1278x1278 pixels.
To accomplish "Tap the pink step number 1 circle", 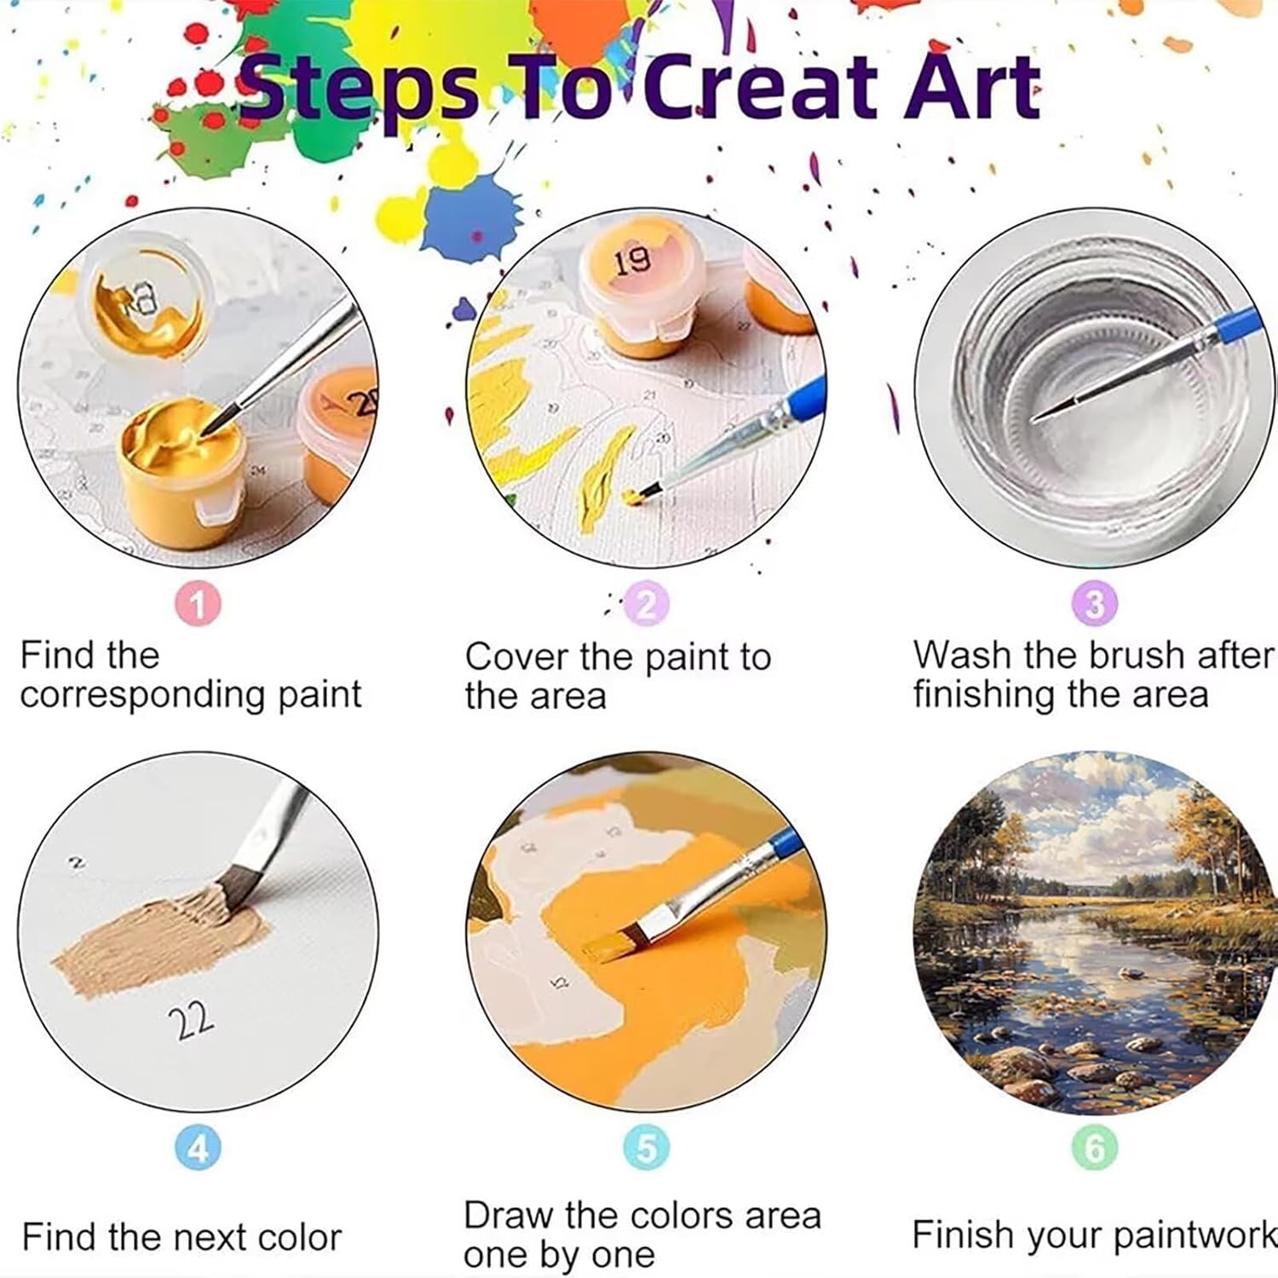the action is (198, 604).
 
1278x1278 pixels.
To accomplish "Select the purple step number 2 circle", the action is (647, 605).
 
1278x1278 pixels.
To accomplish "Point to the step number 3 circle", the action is (1095, 604).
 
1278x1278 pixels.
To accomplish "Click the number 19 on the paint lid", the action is (632, 260).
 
